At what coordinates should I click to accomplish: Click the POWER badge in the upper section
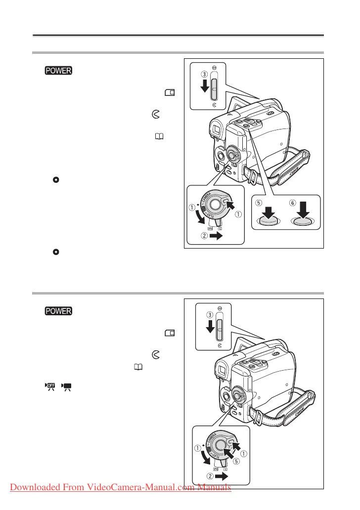click(58, 71)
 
